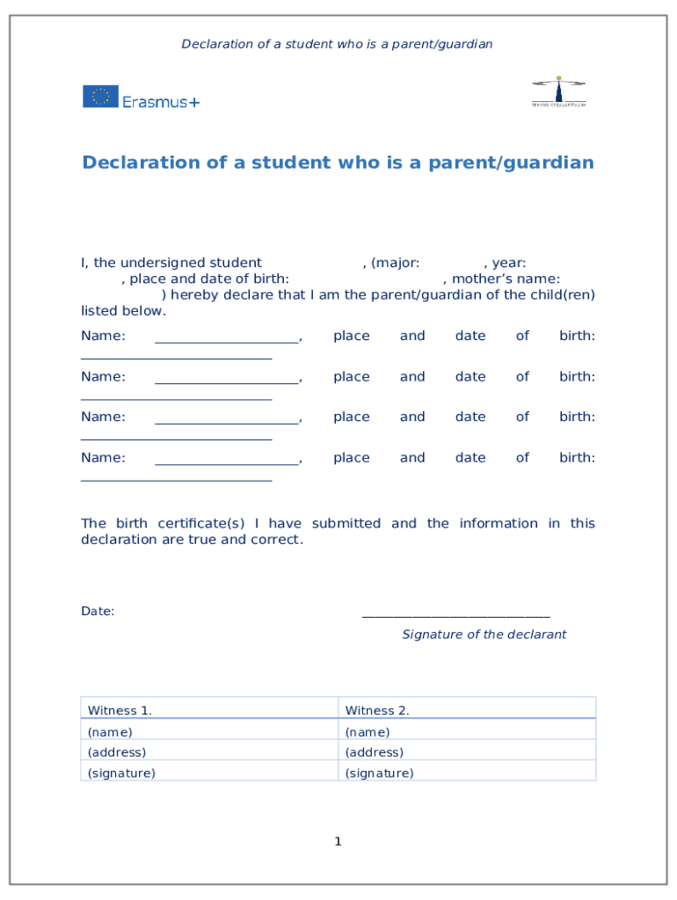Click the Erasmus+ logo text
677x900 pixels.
[x=161, y=102]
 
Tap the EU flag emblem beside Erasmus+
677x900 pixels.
[x=100, y=97]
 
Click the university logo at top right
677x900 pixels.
[x=558, y=91]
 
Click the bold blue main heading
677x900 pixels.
[x=338, y=163]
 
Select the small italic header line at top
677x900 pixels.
[x=337, y=44]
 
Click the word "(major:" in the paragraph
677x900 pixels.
[x=395, y=263]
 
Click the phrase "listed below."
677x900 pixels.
[x=123, y=311]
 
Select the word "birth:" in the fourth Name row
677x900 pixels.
[x=577, y=458]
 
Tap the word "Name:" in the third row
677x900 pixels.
[x=103, y=417]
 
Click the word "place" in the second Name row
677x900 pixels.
[x=351, y=376]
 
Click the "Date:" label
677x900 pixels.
[x=98, y=612]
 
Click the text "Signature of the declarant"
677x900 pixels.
[x=484, y=635]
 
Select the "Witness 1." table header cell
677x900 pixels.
[x=208, y=709]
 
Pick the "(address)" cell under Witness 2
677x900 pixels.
[x=466, y=752]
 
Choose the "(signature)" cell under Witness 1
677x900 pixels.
[x=208, y=773]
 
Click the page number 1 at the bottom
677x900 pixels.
[x=338, y=842]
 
